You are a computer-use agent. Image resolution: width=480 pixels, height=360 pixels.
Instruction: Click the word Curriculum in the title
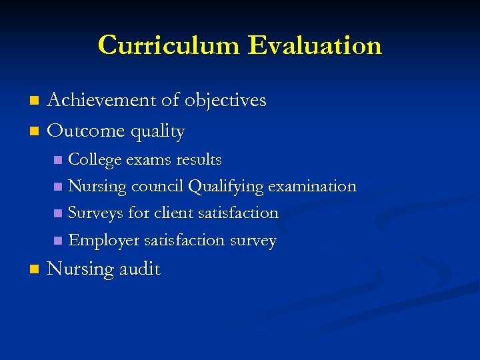(169, 45)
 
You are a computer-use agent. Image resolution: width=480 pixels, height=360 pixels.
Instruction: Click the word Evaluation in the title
(315, 45)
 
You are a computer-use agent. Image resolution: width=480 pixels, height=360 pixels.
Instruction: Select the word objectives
(225, 101)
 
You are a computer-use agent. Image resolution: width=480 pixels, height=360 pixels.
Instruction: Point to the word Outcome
(82, 131)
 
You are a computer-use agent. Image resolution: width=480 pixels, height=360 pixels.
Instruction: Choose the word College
(95, 161)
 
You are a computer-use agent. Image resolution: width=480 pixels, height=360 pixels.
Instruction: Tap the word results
(199, 160)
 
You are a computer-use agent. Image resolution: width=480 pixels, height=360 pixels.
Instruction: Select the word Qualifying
(226, 187)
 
